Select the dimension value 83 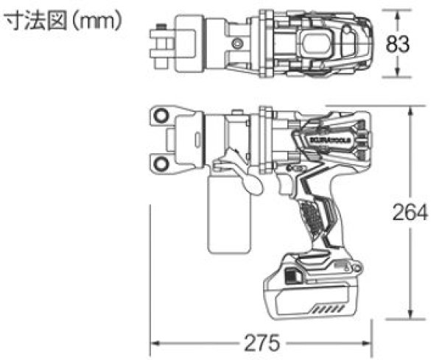(x=398, y=43)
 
